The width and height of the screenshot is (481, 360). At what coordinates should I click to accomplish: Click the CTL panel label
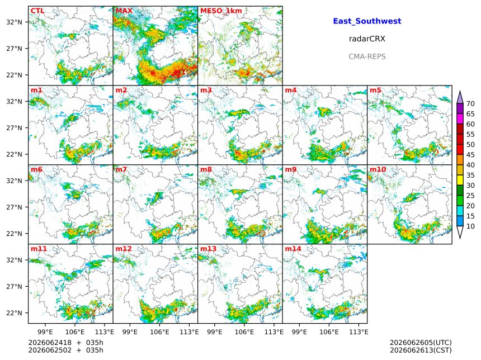[x=37, y=11]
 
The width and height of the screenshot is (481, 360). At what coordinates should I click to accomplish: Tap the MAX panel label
[x=124, y=11]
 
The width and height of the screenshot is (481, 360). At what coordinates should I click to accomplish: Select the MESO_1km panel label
[x=221, y=11]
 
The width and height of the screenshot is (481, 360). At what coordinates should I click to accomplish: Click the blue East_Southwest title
[x=367, y=21]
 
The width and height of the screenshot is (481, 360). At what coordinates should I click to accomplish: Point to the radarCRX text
[x=367, y=39]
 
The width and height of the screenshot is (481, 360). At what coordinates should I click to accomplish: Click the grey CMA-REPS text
[x=367, y=56]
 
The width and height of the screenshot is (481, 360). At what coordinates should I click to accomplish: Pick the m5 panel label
[x=375, y=90]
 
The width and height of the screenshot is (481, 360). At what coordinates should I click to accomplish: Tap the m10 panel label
[x=378, y=169]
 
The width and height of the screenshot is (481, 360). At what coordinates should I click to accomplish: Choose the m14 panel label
[x=293, y=249]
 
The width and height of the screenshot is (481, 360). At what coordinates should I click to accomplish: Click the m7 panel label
[x=121, y=169]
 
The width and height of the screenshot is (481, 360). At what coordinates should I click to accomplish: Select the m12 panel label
[x=123, y=249]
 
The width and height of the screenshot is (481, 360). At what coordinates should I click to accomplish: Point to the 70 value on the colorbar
[x=470, y=103]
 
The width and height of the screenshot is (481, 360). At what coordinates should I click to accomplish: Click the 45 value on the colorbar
[x=470, y=155]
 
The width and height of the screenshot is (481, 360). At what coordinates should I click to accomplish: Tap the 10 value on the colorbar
[x=470, y=226]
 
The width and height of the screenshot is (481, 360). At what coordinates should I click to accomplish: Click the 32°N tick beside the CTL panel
[x=14, y=22]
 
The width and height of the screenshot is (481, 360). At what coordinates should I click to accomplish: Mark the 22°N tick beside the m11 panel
[x=14, y=313]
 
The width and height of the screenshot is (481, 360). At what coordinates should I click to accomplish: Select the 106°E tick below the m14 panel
[x=329, y=332]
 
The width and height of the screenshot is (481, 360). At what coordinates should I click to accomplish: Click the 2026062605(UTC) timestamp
[x=421, y=343]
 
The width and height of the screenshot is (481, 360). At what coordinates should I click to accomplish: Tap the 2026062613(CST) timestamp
[x=421, y=350]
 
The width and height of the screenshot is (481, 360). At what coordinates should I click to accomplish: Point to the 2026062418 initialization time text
[x=50, y=343]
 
